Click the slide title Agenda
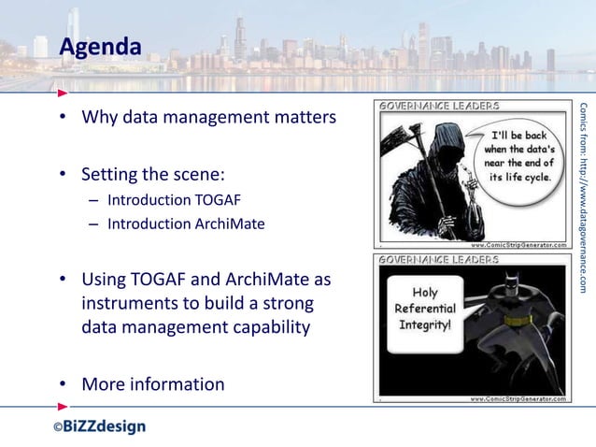pyautogui.click(x=101, y=46)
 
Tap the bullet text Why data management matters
pyautogui.click(x=207, y=119)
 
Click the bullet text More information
pyautogui.click(x=152, y=384)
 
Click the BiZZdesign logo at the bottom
pyautogui.click(x=98, y=426)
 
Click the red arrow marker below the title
pyautogui.click(x=62, y=93)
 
